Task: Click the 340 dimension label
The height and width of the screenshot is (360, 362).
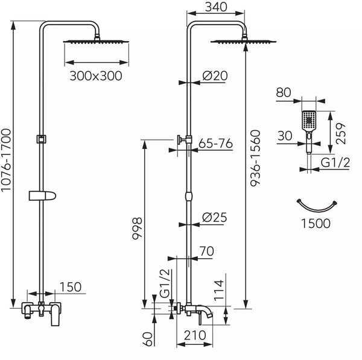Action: (x=216, y=7)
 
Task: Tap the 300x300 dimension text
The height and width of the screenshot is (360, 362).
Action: (x=96, y=76)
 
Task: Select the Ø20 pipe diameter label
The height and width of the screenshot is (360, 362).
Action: (x=215, y=76)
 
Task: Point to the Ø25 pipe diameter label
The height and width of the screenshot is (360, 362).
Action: (x=214, y=217)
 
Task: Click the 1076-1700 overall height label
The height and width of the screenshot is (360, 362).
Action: (x=6, y=160)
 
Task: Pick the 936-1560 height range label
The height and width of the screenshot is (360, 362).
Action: (x=255, y=159)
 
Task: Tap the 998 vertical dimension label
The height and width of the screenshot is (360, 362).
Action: (x=137, y=229)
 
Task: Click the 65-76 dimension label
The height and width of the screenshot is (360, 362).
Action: (x=215, y=144)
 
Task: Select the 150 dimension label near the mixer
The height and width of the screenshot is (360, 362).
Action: (x=71, y=287)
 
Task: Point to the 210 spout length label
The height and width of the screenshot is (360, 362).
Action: (x=195, y=335)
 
